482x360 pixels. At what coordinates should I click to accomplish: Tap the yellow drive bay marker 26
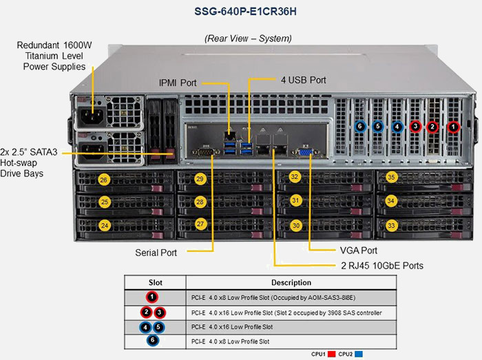pyautogui.click(x=104, y=180)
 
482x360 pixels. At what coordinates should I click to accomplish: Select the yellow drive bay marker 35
pyautogui.click(x=391, y=178)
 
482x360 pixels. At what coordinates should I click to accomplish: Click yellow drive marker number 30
pyautogui.click(x=295, y=225)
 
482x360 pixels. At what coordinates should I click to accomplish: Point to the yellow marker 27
pyautogui.click(x=200, y=224)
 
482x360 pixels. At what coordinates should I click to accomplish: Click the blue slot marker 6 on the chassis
pyautogui.click(x=359, y=127)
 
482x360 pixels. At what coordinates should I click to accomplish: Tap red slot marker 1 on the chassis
pyautogui.click(x=452, y=127)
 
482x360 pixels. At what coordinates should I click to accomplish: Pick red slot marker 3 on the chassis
pyautogui.click(x=415, y=127)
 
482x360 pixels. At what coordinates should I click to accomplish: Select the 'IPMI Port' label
pyautogui.click(x=178, y=83)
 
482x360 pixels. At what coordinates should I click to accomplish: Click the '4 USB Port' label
pyautogui.click(x=303, y=80)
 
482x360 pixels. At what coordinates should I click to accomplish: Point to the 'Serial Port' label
pyautogui.click(x=156, y=253)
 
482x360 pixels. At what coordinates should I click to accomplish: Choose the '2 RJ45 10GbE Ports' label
pyautogui.click(x=381, y=265)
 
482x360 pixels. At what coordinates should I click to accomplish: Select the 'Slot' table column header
pyautogui.click(x=156, y=282)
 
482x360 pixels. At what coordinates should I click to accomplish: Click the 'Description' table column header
pyautogui.click(x=291, y=282)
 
